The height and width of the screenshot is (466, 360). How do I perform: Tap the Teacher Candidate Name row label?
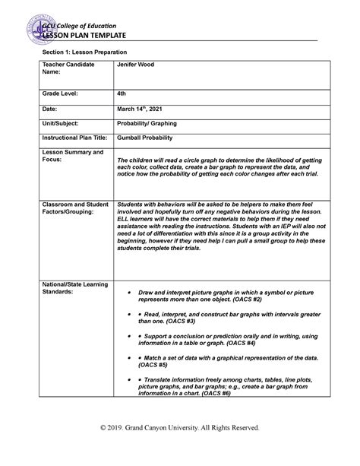[68, 69]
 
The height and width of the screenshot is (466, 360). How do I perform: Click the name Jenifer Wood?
[135, 65]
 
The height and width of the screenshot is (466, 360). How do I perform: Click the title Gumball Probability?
[148, 138]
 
